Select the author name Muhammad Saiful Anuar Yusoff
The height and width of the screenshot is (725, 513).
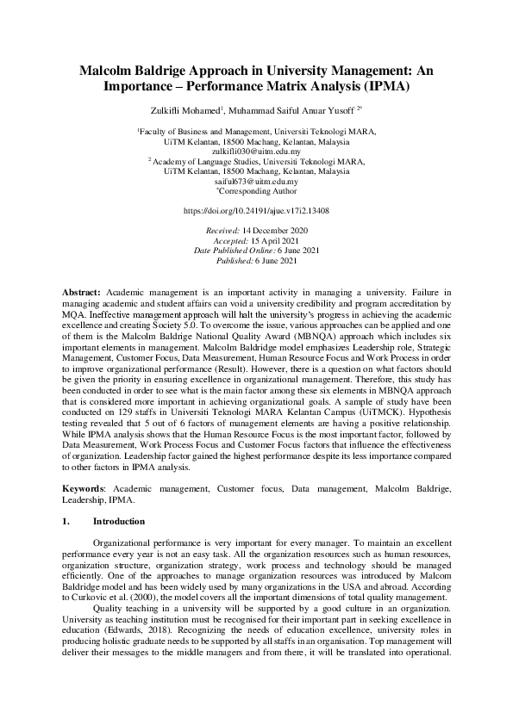tap(298, 110)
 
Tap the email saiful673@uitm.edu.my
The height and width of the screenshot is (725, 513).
tap(256, 182)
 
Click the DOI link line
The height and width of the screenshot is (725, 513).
tap(256, 210)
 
